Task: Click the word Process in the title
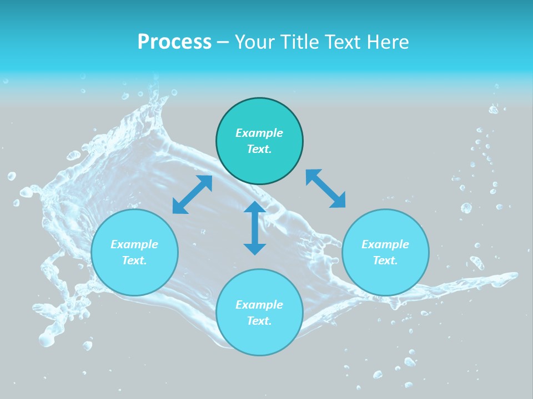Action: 174,42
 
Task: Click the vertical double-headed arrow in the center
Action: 255,228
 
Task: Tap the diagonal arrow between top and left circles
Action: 192,195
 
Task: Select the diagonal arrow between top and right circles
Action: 325,188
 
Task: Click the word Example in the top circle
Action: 259,133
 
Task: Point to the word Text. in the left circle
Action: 134,260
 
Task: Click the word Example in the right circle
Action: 385,244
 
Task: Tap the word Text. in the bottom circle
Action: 259,321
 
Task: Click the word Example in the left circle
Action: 134,244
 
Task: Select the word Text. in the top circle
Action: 259,149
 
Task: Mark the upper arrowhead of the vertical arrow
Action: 255,207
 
